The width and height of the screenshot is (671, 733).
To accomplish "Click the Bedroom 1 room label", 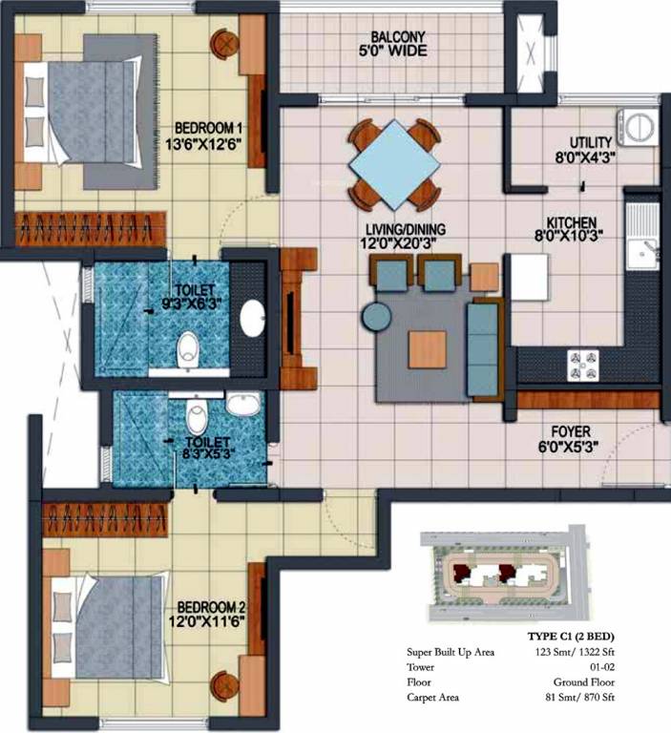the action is coord(208,128).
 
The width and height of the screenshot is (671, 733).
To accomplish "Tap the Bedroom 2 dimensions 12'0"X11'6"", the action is coord(207,621).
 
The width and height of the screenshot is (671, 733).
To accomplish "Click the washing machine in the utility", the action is coord(638,127).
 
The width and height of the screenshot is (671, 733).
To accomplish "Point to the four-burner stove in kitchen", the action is coord(583,366).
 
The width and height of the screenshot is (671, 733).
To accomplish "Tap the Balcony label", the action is coord(397,36).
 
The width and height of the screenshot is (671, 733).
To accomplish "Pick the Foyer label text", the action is coord(571,431).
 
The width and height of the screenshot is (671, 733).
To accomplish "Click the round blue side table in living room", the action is coord(376,317).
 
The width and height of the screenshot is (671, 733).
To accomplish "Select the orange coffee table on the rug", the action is coord(427,349).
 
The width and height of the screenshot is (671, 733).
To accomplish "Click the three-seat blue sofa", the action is coord(484,349).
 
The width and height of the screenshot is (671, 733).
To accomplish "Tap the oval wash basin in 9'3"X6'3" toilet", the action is coord(253,318).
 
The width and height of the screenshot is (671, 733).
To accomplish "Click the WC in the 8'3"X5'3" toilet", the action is coord(197,414).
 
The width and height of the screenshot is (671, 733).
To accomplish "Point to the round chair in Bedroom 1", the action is coord(225,45).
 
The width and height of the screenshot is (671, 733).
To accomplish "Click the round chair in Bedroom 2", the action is coord(225,686).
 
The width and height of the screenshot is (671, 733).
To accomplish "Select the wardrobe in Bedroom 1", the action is coord(91,229).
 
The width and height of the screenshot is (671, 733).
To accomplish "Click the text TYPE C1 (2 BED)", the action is coord(571,637).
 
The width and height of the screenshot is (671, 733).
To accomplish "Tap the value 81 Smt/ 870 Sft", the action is coord(579,698).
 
